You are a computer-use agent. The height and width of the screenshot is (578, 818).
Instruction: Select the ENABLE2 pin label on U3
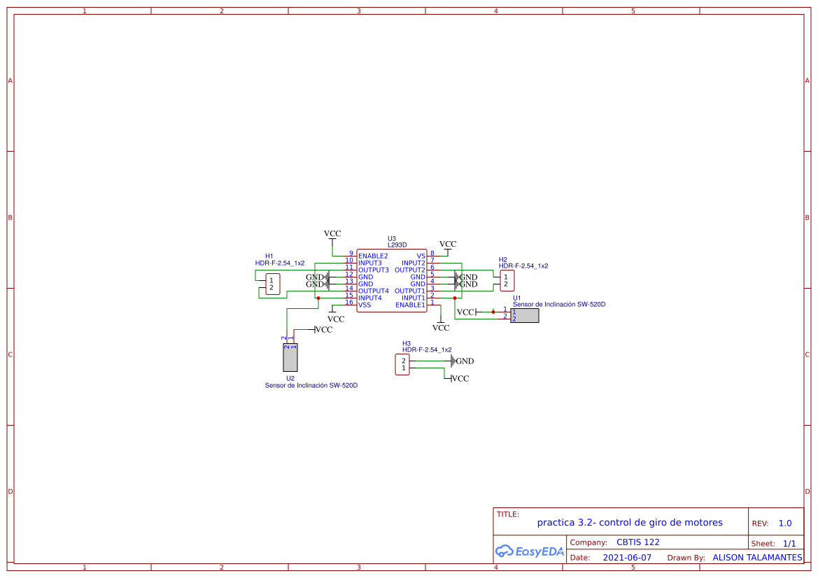point(373,256)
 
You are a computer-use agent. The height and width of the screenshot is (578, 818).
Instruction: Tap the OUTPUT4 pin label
point(373,291)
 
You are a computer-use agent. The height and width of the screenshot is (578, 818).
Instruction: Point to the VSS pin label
point(365,305)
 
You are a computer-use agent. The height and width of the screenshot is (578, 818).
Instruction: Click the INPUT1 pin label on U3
point(413,298)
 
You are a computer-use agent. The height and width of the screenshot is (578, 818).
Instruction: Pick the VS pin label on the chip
point(421,256)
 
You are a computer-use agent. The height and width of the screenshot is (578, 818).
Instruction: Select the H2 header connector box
point(507,281)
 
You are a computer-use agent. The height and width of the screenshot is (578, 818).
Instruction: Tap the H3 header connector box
point(402,365)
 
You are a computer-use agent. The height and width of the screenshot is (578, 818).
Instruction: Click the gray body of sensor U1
point(525,315)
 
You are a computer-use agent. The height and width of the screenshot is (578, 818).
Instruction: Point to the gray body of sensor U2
point(290,358)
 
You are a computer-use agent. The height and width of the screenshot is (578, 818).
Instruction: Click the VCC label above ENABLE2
point(332,233)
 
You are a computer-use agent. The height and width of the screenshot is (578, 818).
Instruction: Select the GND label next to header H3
point(465,361)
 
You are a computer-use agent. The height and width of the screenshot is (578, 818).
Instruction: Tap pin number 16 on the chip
point(349,302)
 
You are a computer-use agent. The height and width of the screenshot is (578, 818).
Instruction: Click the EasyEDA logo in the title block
point(530,551)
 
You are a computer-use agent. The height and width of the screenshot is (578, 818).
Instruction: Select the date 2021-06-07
point(627,558)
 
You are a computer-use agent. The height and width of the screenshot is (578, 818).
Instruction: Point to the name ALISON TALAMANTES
point(757,558)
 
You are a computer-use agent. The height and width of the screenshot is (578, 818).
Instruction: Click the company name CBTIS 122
point(637,542)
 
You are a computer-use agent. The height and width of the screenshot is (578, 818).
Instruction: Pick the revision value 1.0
point(785,523)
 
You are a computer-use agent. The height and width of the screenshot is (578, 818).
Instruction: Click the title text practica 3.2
point(630,523)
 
